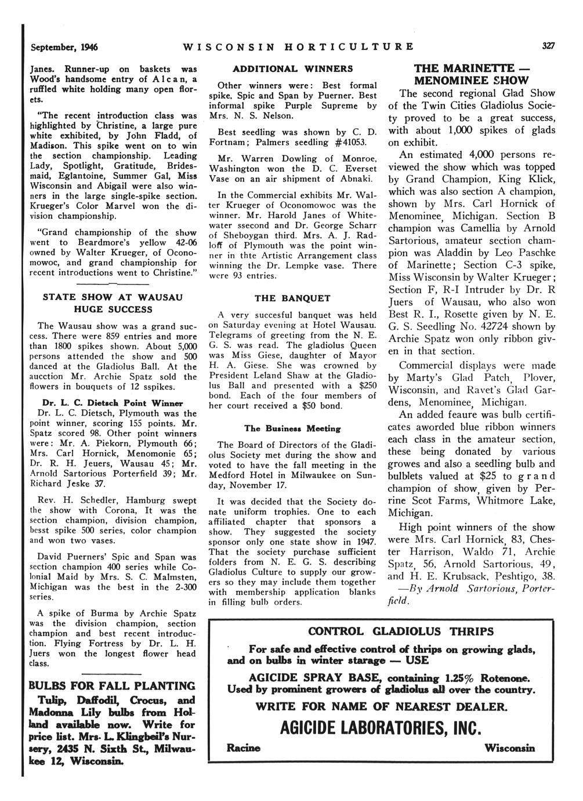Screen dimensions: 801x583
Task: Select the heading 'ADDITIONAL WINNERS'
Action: pos(292,69)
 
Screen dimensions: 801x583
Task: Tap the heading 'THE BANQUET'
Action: pos(292,298)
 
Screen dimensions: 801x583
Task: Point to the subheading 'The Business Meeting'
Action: pos(292,428)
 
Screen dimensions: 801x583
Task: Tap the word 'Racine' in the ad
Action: pos(244,748)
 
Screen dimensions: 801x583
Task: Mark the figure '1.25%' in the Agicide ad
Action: pos(470,678)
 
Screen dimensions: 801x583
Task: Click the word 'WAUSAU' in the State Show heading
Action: pos(158,297)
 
